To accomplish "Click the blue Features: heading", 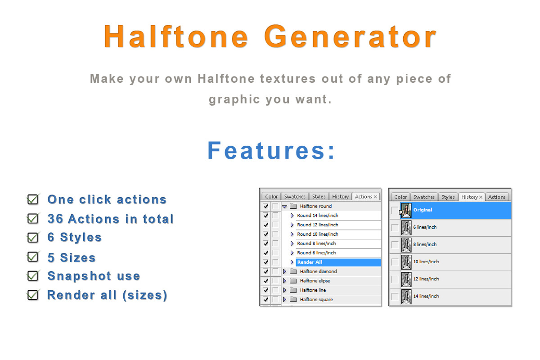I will [271, 151].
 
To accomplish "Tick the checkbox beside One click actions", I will [33, 199].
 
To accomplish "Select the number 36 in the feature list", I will [56, 219].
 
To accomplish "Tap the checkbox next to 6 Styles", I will [33, 237].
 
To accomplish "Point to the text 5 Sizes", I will [72, 258].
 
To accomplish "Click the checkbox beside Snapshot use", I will [33, 276].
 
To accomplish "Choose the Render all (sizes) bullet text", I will [107, 295].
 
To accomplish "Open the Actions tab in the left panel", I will [363, 197].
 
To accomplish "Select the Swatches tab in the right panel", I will [424, 197].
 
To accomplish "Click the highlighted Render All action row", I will [337, 262].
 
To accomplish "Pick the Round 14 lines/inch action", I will [317, 216].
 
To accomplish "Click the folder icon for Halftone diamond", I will [293, 272].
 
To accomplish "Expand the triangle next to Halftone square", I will [284, 300].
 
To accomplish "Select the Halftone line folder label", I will [313, 290].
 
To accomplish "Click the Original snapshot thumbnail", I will [406, 210].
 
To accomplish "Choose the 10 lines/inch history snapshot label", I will [426, 262].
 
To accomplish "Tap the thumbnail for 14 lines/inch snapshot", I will [406, 297].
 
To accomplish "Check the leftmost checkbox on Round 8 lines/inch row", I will [265, 243].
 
